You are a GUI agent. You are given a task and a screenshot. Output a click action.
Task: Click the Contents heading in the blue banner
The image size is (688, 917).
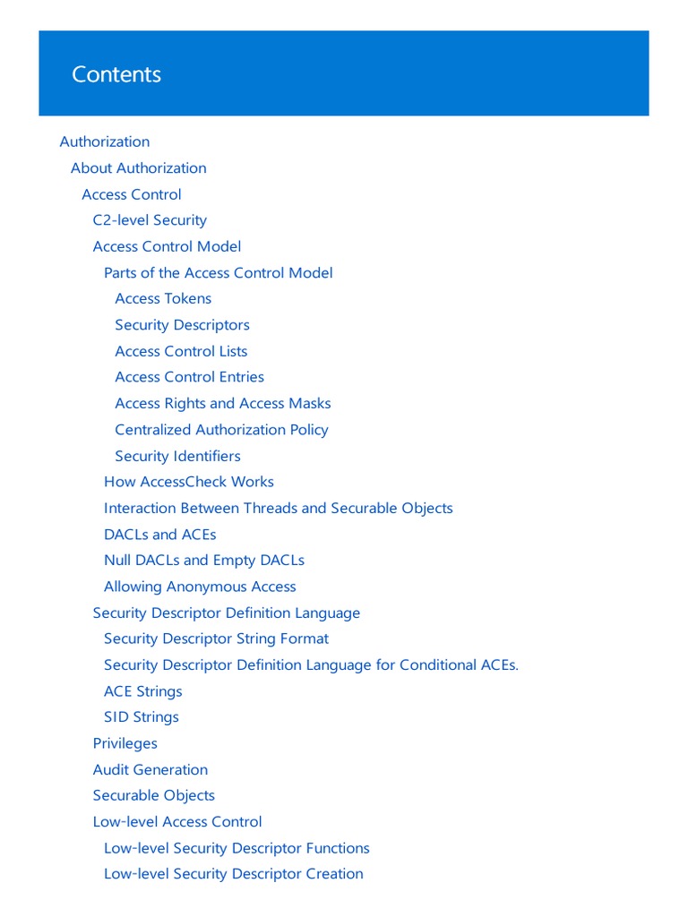(x=116, y=74)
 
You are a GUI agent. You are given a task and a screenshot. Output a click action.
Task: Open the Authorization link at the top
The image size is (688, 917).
(x=105, y=141)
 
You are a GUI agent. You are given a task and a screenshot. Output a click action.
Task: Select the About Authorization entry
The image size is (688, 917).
(x=139, y=167)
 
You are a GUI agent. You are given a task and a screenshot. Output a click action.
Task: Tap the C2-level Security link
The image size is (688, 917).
(x=150, y=220)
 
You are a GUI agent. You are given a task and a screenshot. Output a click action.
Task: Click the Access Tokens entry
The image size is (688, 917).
(x=163, y=298)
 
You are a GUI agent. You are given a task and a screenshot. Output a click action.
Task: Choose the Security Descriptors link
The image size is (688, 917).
(x=182, y=325)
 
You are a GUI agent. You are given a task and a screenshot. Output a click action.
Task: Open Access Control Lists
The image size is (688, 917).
(x=181, y=351)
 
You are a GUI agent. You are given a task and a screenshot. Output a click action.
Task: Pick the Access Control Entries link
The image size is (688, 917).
(x=189, y=377)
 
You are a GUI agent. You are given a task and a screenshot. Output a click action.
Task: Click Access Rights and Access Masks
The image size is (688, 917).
(x=223, y=403)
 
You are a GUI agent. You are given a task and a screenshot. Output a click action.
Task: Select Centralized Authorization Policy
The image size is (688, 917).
(x=221, y=430)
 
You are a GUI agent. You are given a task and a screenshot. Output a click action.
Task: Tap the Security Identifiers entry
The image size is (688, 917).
(x=177, y=456)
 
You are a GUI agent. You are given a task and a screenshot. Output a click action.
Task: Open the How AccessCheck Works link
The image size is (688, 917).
(x=189, y=482)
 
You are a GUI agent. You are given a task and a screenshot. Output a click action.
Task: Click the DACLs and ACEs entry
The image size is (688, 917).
(x=160, y=535)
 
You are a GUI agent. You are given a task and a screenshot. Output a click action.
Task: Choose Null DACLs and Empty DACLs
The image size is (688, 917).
(x=204, y=561)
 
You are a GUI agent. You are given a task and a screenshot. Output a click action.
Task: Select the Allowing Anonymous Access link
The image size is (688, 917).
(x=200, y=587)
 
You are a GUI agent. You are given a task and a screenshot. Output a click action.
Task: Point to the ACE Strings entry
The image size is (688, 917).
(x=143, y=691)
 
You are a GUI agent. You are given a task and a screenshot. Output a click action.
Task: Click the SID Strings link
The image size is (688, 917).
(x=142, y=717)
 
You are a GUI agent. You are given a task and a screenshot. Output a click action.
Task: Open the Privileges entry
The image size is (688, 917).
(x=125, y=743)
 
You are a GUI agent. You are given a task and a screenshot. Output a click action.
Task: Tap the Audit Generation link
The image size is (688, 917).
(x=150, y=769)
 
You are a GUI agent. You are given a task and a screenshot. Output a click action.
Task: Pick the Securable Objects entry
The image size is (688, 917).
(x=154, y=795)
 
